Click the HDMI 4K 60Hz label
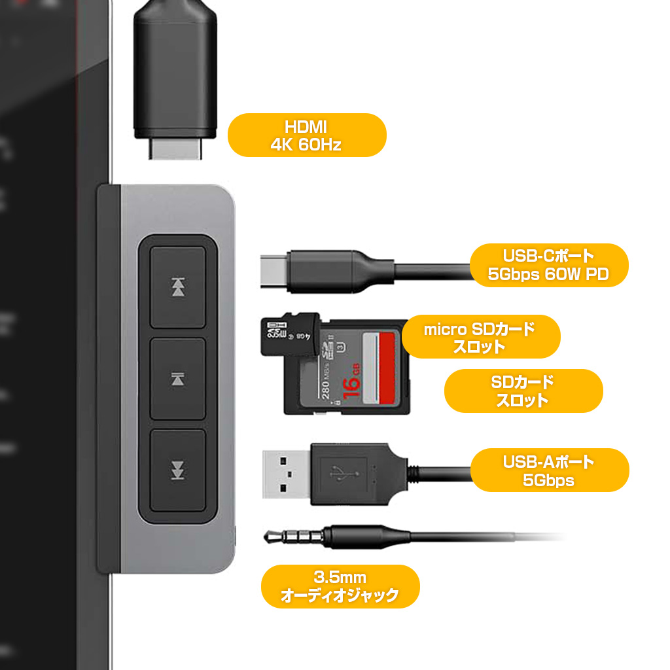coord(306,135)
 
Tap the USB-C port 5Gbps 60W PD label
coord(549,265)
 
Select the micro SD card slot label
coord(480,337)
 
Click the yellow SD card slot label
coord(523,391)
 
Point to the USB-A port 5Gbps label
coord(549,470)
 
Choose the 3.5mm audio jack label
coord(340,586)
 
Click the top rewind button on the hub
coord(178,287)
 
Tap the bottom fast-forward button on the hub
coord(178,470)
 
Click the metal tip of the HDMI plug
coord(175,149)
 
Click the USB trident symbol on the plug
coord(339,474)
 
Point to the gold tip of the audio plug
coord(270,537)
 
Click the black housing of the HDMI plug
coord(175,65)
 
